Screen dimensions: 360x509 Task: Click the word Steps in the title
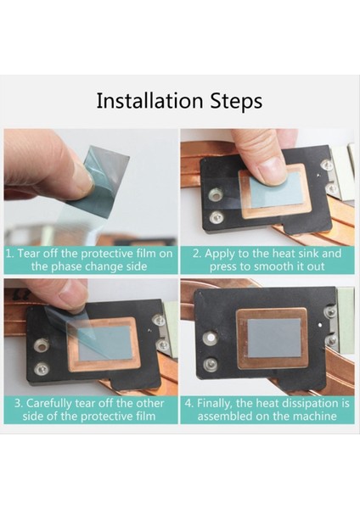coord(236,101)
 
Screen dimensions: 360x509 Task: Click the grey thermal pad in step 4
coord(274,338)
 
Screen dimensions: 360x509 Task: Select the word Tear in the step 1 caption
coord(30,253)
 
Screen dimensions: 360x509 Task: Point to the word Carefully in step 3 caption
coord(48,404)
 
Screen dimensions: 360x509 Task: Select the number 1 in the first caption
coord(9,253)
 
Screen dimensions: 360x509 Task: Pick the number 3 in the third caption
coord(18,404)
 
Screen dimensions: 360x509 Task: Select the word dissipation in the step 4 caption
coord(308,404)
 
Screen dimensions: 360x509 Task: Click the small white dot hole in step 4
coord(320,324)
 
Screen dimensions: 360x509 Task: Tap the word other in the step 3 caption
coord(149,403)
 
